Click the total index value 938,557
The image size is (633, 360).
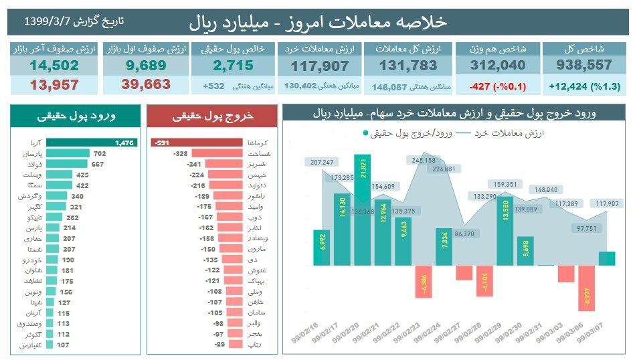584,65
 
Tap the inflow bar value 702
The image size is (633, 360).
100,153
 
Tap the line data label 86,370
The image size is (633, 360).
464,234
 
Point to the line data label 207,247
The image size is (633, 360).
322,162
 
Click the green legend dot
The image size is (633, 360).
365,133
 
